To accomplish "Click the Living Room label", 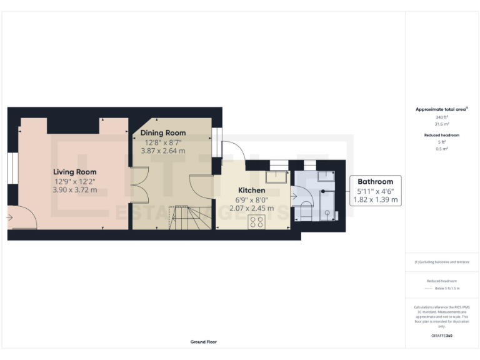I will coord(74,172).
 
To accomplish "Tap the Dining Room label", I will coord(163,133).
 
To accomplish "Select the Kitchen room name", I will coord(252,190).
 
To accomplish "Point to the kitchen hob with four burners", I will coord(256,221).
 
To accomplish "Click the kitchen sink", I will coord(276,177).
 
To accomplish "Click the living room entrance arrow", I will coord(9,217).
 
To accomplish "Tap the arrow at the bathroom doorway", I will coord(294,196).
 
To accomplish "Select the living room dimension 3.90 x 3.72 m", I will coord(74,189).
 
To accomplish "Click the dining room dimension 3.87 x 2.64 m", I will coord(163,151).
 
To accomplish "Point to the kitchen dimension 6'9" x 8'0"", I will coord(252,199).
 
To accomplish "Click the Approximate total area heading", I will coord(441,109).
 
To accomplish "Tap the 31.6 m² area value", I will coord(441,124).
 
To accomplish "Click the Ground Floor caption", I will coord(204,342).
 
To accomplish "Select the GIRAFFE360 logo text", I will coord(441,336).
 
